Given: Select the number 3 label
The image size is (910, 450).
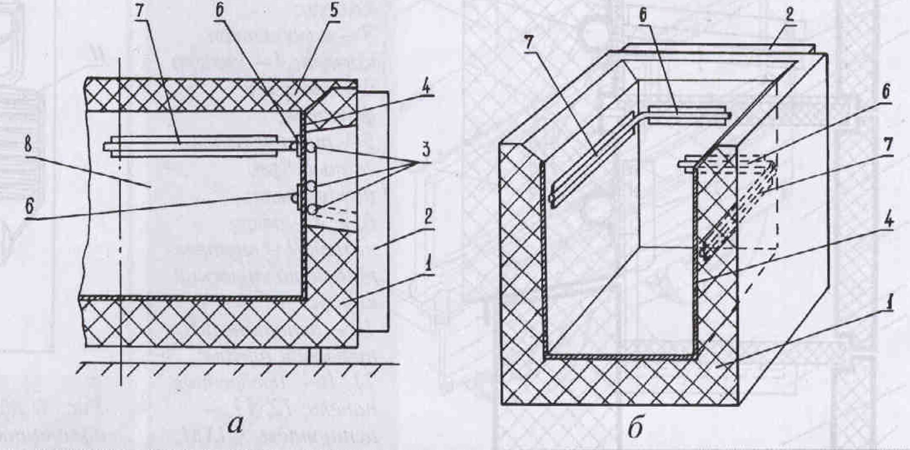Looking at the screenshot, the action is [425, 148].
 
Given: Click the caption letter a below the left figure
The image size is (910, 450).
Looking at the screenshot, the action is [235, 424].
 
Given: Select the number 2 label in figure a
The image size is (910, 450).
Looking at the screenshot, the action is [428, 217].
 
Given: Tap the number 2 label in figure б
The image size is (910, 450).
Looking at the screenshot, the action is [789, 16].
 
